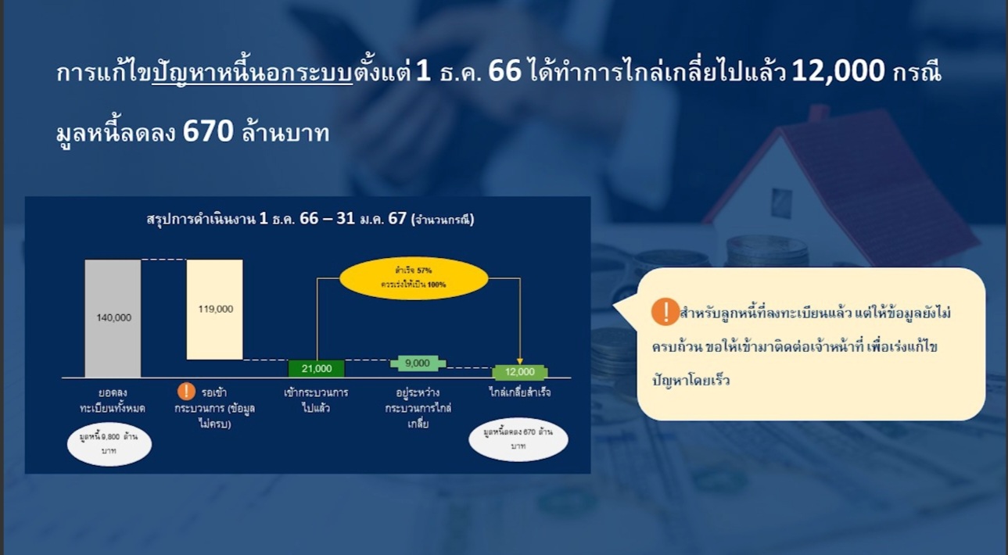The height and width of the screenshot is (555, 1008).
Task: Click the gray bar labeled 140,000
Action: (x=113, y=318)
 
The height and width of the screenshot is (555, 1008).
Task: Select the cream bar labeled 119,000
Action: (x=214, y=310)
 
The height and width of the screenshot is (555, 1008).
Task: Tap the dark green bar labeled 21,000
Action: (x=316, y=368)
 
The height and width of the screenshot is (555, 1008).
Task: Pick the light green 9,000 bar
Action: (x=418, y=363)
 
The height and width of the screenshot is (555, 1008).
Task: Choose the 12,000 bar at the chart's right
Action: (x=519, y=372)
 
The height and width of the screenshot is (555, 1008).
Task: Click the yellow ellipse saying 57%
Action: (x=414, y=277)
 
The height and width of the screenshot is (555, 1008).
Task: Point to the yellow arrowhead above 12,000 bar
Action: (x=519, y=360)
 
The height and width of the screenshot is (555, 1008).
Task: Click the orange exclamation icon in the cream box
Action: (x=665, y=312)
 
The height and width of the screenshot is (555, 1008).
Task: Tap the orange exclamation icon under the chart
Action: (x=186, y=392)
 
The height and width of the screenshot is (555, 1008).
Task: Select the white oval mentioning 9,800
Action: (x=109, y=443)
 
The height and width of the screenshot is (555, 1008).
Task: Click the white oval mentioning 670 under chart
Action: (x=518, y=439)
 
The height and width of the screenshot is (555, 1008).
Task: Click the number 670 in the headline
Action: (x=208, y=132)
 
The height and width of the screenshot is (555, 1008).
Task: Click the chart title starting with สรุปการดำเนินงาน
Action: (x=310, y=219)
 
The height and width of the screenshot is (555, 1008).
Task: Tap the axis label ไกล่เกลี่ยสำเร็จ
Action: (x=519, y=392)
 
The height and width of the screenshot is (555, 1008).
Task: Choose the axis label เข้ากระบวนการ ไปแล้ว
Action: (x=316, y=399)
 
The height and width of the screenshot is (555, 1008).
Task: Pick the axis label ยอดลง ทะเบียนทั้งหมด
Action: (x=113, y=399)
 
